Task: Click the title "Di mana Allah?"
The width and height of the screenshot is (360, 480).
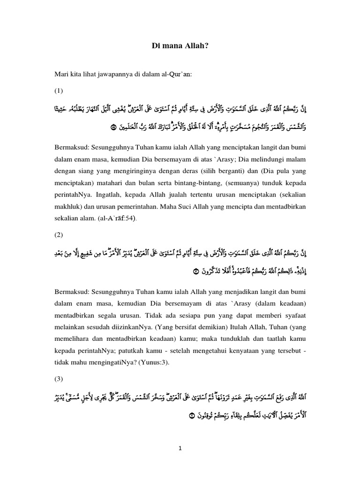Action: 180,45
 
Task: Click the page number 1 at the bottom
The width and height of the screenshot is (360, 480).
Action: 180,448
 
